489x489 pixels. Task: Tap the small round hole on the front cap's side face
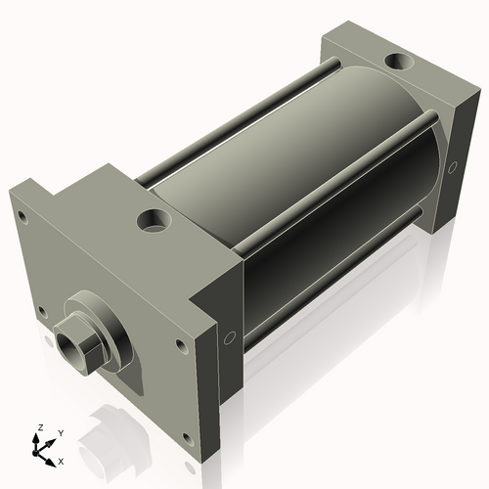[x=229, y=338]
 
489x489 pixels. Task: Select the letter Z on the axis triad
[x=39, y=427]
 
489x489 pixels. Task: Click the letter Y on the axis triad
[x=60, y=431]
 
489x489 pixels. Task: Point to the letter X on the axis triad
[x=61, y=459]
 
